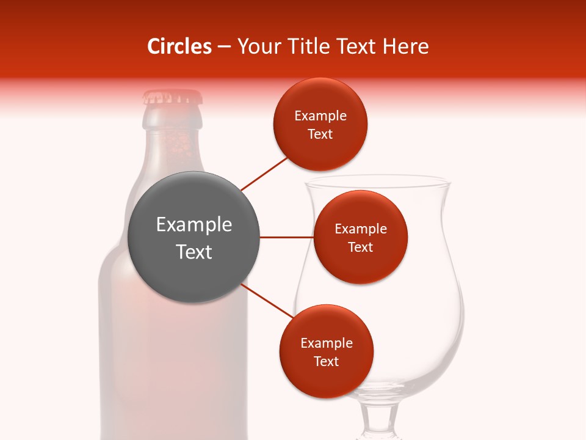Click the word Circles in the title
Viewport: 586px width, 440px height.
(x=179, y=46)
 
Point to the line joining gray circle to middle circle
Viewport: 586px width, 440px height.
(x=286, y=237)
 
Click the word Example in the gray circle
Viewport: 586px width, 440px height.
(x=194, y=225)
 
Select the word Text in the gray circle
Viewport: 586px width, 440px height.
(x=194, y=252)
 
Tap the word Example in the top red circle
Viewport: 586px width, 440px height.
(x=320, y=116)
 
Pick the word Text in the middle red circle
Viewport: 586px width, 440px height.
(x=361, y=248)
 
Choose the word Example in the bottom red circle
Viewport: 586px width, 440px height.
(x=327, y=343)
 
